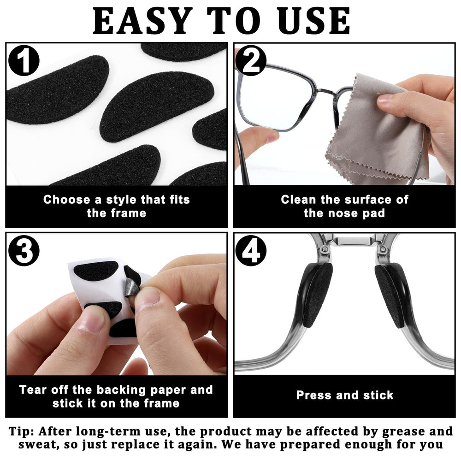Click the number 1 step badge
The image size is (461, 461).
tap(24, 61)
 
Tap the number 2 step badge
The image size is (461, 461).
tap(250, 61)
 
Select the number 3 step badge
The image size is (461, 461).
tap(24, 251)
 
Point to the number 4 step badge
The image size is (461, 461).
tap(250, 251)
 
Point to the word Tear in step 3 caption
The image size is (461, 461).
tap(33, 390)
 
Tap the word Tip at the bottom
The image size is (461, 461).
tap(21, 431)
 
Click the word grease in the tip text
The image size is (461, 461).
tap(402, 432)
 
